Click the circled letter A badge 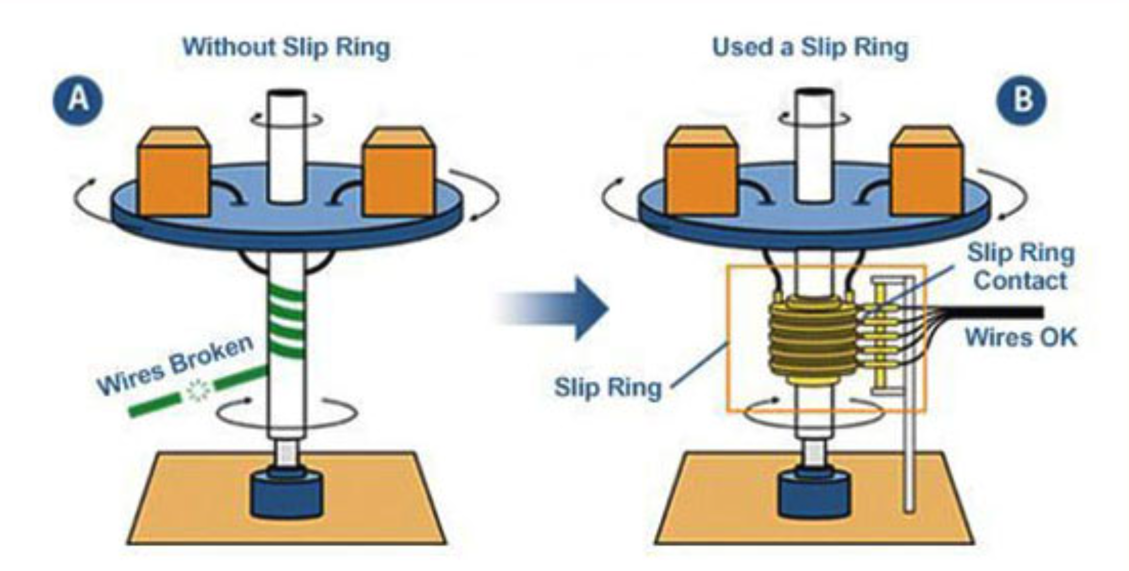point(78,99)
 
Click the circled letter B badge point(1022,99)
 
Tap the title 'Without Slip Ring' point(286,47)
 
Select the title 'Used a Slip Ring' point(810,47)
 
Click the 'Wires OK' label point(1020,337)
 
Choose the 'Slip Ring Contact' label point(1020,267)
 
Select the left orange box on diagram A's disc point(174,173)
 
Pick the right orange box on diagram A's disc point(399,173)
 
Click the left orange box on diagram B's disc point(701,173)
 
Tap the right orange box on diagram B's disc point(928,173)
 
